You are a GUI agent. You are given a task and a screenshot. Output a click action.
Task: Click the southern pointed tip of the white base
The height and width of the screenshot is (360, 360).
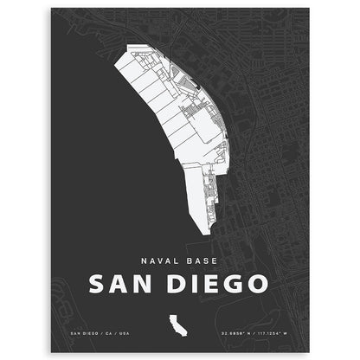click(x=204, y=232)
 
